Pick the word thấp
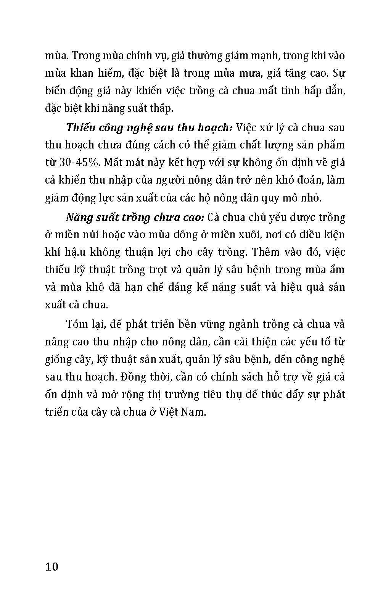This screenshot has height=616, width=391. point(162,108)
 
